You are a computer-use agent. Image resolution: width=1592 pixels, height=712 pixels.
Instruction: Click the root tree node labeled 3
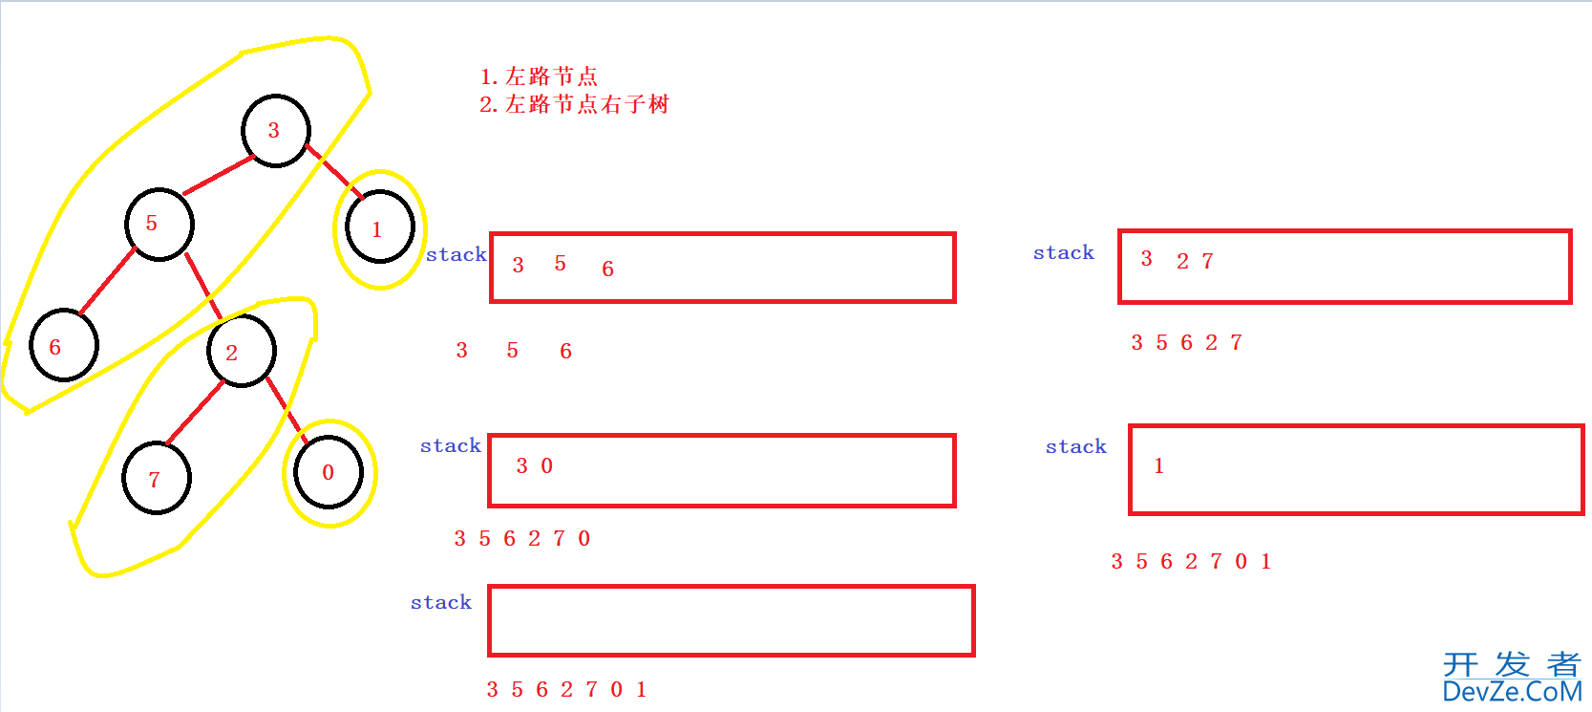tap(276, 131)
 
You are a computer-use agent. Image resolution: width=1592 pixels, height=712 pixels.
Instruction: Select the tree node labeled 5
tap(159, 225)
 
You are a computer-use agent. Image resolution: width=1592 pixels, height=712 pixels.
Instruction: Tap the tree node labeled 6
tap(64, 345)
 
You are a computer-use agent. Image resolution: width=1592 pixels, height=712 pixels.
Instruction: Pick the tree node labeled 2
tap(242, 351)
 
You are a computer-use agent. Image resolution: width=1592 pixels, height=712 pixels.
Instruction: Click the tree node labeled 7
tap(157, 477)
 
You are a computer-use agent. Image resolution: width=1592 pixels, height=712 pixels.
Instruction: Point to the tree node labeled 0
tap(329, 472)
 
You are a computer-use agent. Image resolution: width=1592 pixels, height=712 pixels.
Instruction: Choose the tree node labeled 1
tap(379, 227)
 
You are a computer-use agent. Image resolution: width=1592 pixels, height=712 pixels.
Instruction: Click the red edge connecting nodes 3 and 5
tap(219, 175)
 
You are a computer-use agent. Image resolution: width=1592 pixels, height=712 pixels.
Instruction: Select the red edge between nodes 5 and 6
tap(107, 280)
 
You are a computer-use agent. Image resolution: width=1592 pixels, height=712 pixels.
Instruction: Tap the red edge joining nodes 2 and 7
tap(195, 413)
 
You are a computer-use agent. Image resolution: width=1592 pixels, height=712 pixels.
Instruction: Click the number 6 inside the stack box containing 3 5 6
tap(607, 269)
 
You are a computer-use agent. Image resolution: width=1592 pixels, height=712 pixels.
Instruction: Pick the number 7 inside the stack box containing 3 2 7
tap(1207, 261)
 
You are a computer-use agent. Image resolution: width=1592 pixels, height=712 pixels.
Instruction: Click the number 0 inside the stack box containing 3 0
tap(546, 465)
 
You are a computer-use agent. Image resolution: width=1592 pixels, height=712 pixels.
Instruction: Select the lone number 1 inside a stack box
tap(1159, 465)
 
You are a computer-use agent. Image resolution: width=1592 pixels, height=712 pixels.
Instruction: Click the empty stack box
tap(732, 621)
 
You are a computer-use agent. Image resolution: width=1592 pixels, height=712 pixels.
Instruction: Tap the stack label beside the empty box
tap(441, 602)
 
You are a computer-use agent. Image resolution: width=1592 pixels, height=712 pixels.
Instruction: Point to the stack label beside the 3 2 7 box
tap(1064, 252)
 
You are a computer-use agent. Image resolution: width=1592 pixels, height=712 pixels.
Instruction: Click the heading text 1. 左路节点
tap(539, 76)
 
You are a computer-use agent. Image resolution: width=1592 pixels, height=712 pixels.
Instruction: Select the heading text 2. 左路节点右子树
tap(574, 104)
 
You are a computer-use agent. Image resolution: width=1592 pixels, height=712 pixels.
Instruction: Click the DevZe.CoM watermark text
tap(1513, 691)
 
